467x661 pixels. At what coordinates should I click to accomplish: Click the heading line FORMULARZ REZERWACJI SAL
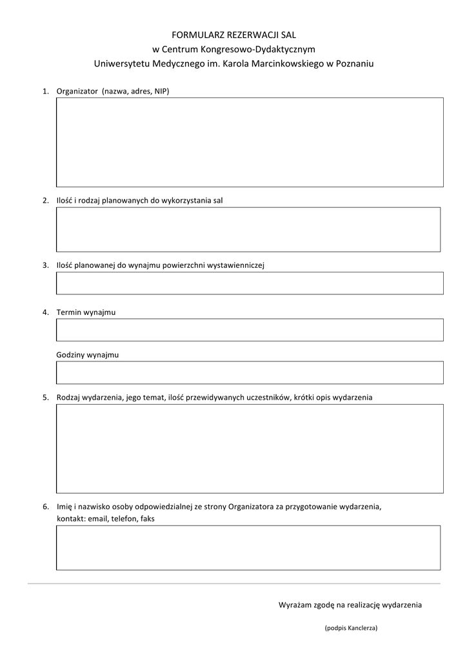(234, 34)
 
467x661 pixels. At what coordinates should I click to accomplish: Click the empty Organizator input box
(250, 142)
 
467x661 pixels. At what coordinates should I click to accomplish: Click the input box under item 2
(248, 229)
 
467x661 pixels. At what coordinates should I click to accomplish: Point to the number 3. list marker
(46, 265)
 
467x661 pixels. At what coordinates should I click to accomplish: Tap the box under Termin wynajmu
(250, 330)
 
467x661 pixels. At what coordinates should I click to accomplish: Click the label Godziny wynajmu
(87, 355)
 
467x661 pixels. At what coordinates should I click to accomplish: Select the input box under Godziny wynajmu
(250, 372)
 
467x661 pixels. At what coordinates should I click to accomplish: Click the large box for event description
(250, 448)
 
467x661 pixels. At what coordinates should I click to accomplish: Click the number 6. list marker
(46, 507)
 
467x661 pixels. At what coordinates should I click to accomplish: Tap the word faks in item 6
(147, 518)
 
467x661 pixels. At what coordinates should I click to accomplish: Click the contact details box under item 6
(248, 547)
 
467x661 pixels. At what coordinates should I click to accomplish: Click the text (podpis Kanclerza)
(351, 628)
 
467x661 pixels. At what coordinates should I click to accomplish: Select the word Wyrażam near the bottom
(294, 605)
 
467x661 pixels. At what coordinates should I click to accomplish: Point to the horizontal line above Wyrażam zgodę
(234, 584)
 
